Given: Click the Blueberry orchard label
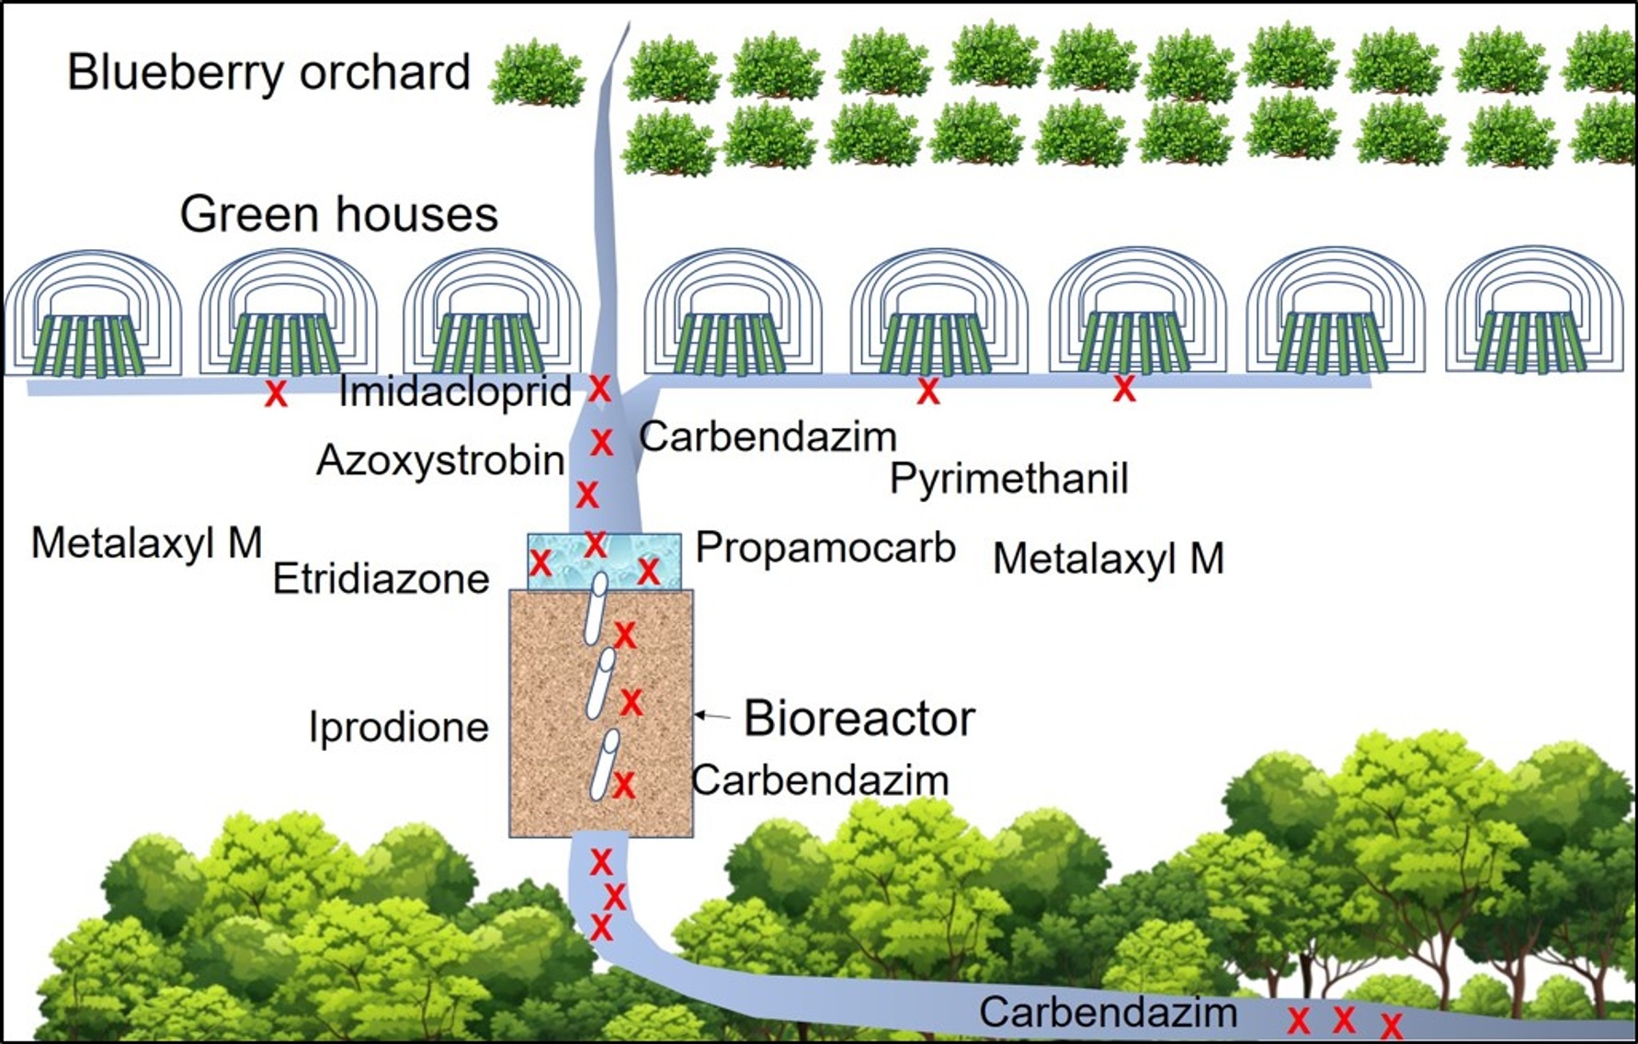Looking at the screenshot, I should point(268,74).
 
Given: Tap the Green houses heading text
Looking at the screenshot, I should point(338,215).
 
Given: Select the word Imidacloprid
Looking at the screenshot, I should point(455,392).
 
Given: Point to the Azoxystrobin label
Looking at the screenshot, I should point(440,460).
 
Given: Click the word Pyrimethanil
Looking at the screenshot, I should point(1008,480).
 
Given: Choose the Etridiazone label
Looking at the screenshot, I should point(381,580).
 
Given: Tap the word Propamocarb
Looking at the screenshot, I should point(825,548).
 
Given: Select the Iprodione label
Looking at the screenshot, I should point(399,728).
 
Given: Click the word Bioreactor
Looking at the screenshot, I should point(859,719).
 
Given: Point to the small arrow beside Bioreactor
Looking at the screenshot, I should point(711,715).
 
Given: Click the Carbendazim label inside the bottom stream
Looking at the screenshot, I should point(1108,1013).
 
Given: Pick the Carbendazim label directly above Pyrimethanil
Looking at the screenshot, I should point(768,437).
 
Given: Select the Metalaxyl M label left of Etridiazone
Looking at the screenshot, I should point(147,543).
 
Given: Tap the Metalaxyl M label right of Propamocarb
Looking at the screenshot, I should point(1109,559).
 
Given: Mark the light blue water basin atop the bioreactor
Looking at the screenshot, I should point(604,558).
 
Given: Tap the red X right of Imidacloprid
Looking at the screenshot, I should point(599,389).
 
